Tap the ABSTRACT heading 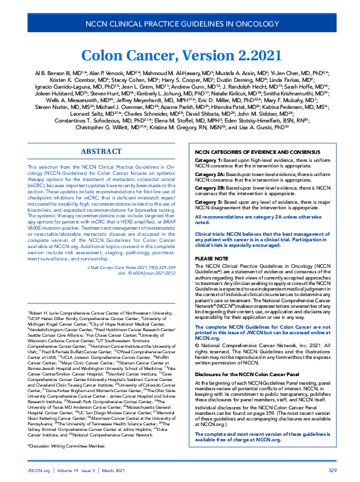point(101,151)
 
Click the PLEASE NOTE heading point(211,259)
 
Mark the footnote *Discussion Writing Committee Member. point(66,444)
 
